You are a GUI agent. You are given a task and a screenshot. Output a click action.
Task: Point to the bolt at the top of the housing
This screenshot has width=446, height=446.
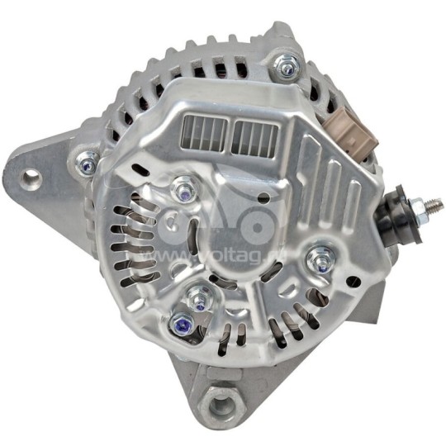tap(287, 64)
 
